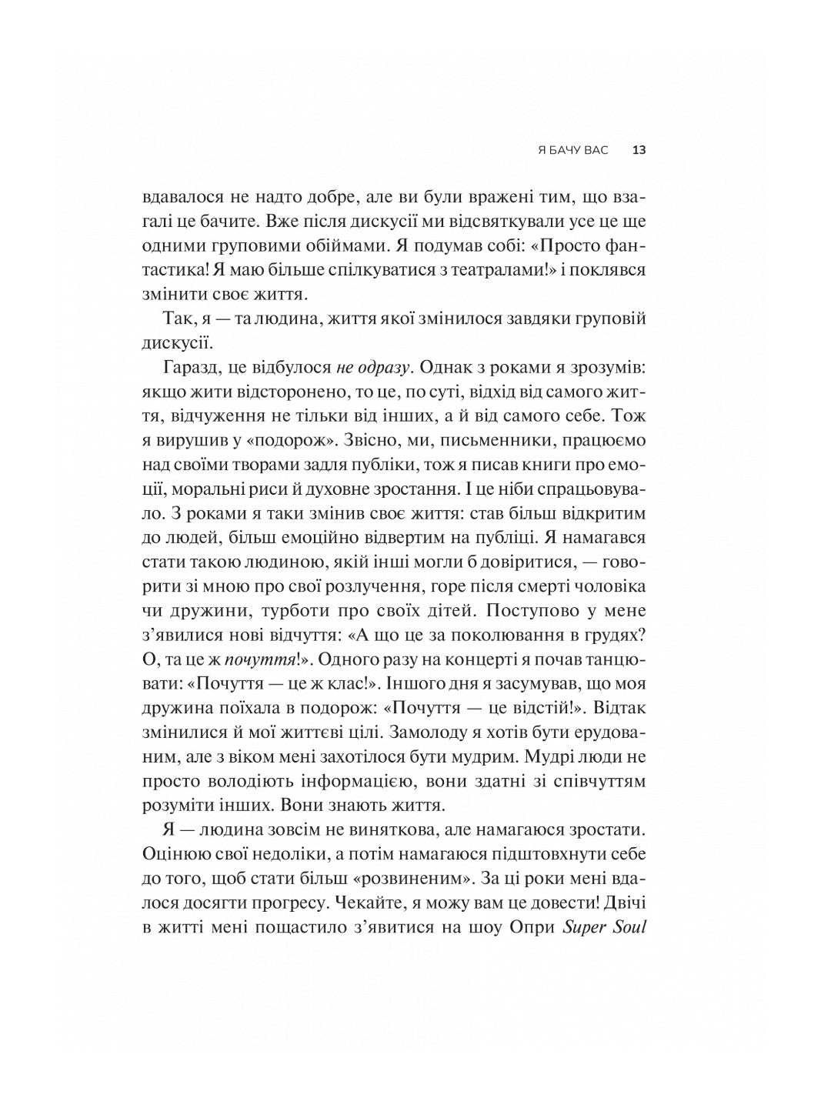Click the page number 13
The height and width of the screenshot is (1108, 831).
pos(638,151)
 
